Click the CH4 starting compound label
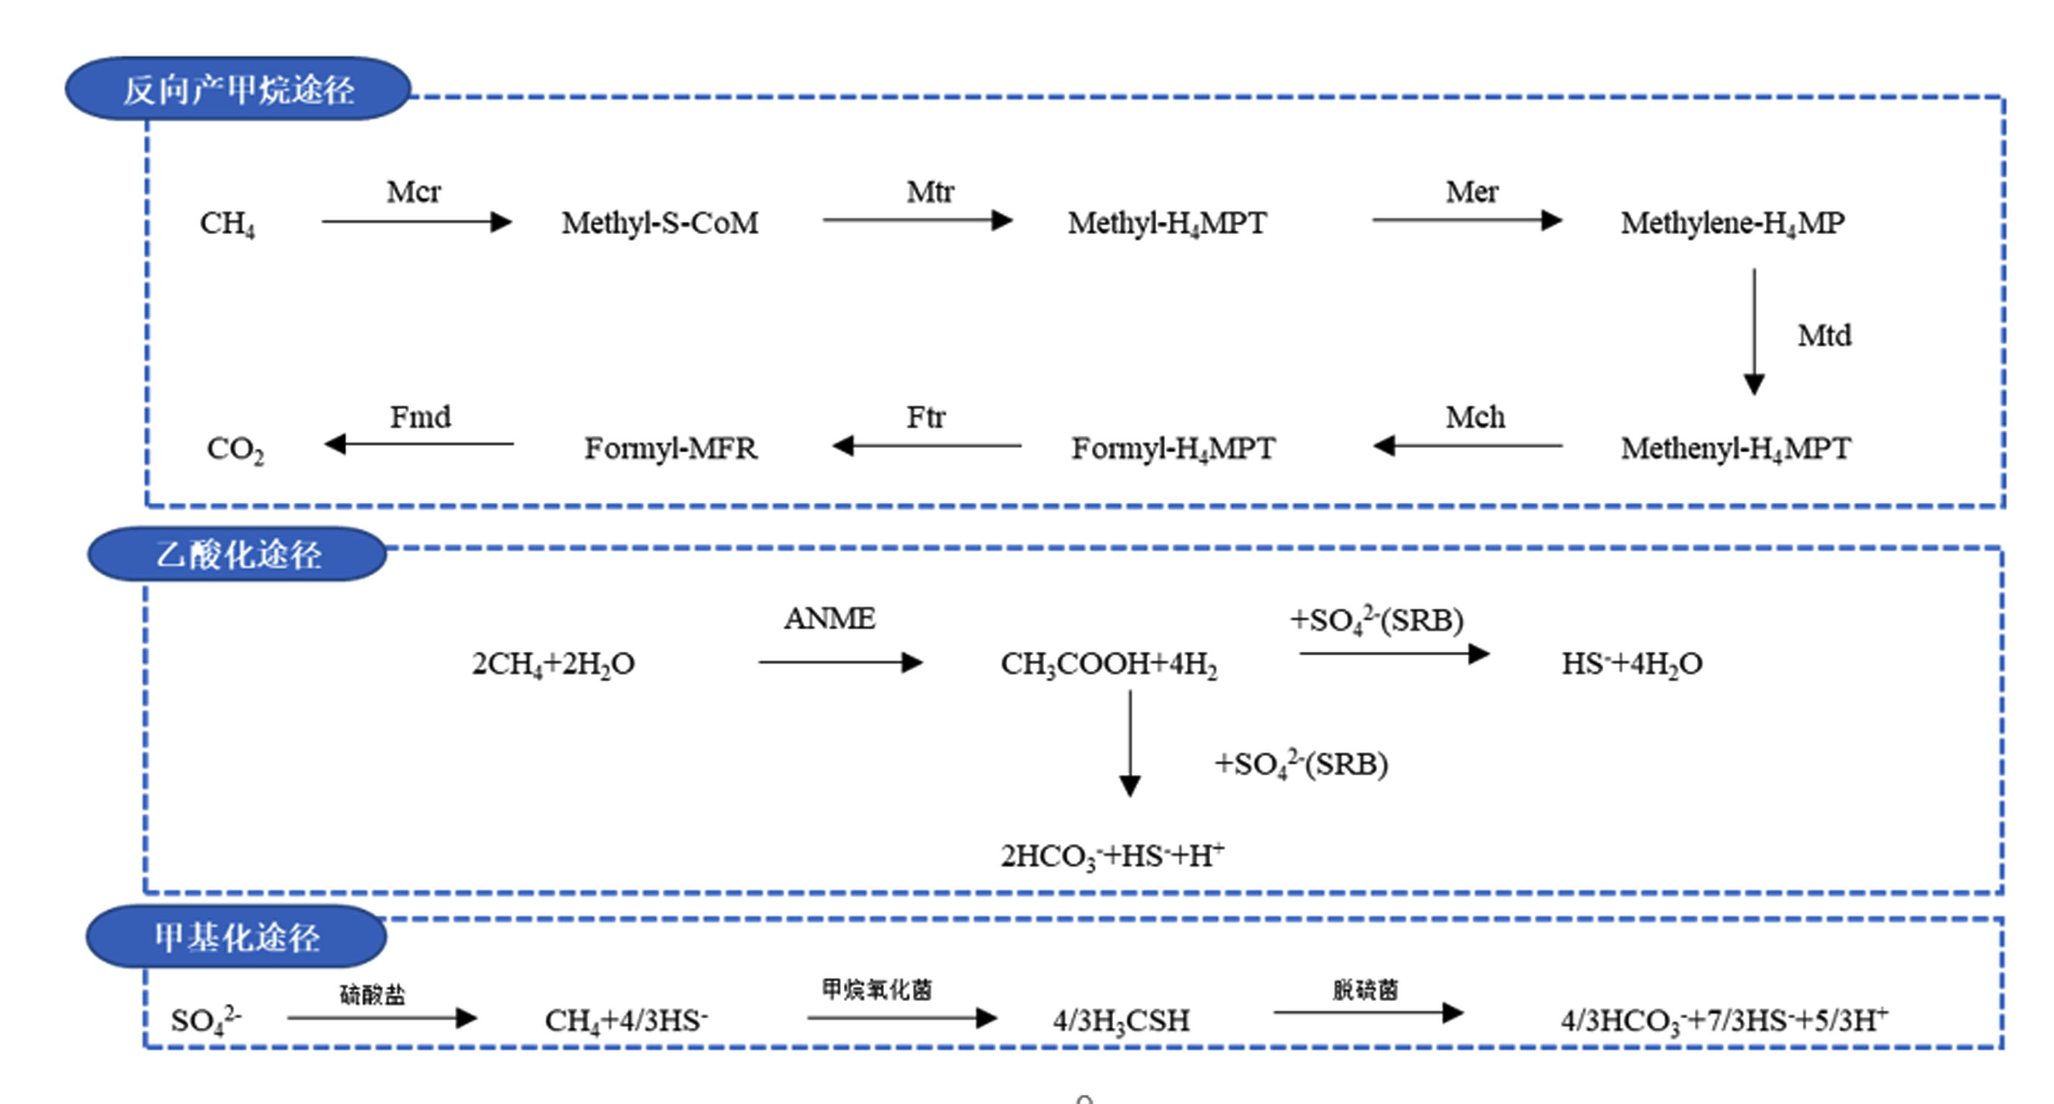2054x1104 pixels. (x=227, y=224)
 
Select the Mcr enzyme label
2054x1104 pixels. (x=414, y=192)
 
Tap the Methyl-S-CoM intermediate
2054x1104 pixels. (x=660, y=224)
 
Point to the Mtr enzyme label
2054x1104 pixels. (x=930, y=192)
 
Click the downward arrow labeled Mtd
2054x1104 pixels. (x=1754, y=332)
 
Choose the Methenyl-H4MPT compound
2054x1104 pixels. (x=1736, y=449)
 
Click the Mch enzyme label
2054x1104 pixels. (x=1475, y=417)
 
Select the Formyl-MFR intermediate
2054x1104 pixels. (x=671, y=448)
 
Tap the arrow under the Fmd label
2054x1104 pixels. (x=418, y=444)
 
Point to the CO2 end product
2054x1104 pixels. (x=235, y=449)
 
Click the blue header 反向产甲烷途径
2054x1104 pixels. (x=238, y=88)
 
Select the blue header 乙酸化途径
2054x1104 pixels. (x=237, y=554)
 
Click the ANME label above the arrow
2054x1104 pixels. (x=829, y=619)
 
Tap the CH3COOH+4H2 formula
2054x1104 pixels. (x=1109, y=665)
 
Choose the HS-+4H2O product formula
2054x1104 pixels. (x=1631, y=664)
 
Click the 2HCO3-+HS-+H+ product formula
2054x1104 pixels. (x=1113, y=856)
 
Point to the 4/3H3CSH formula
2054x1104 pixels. (x=1121, y=1021)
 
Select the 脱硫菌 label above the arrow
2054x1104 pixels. (x=1365, y=990)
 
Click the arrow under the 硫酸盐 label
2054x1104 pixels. (x=382, y=1018)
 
